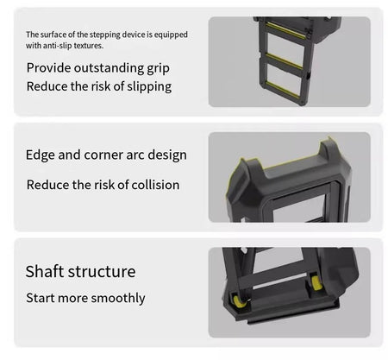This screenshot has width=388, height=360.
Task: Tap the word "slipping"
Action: (149, 86)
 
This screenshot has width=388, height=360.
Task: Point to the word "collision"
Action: (155, 185)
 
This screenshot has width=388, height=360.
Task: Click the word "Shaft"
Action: (45, 271)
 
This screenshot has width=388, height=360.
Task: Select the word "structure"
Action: (102, 272)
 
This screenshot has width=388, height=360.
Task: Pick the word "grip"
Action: (159, 69)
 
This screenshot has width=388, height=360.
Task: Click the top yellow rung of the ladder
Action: (285, 31)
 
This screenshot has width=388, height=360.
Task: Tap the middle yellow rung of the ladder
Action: (285, 61)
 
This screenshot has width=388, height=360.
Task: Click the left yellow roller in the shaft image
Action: (239, 301)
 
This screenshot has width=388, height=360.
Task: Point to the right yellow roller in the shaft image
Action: (316, 283)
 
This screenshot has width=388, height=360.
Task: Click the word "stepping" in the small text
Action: (105, 35)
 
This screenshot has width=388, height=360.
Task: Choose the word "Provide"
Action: (49, 68)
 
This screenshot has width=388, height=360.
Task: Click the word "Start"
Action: (41, 298)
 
